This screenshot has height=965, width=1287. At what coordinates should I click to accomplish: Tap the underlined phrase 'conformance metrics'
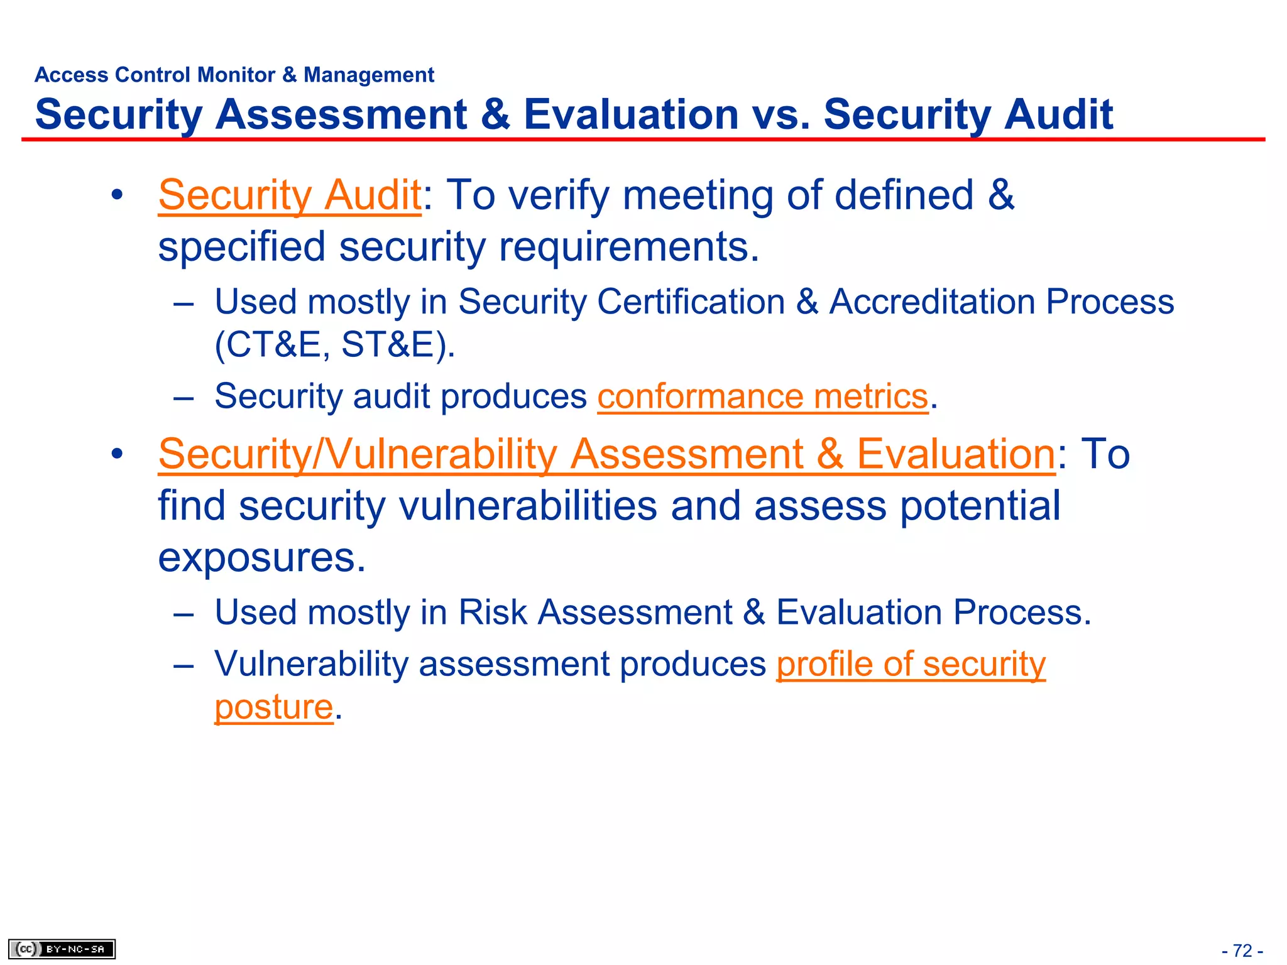762,396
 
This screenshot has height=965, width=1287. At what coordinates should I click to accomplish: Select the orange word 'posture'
273,707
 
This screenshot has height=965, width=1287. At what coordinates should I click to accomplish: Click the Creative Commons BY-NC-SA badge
62,949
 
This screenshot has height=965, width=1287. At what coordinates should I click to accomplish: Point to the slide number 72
1242,951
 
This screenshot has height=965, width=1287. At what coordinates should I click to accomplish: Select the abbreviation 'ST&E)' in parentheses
398,344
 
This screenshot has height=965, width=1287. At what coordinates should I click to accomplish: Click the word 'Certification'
684,302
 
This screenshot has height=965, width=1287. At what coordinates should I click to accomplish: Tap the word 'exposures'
261,557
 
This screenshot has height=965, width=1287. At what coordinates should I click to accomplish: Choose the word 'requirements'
628,246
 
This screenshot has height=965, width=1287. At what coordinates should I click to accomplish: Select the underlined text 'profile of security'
911,664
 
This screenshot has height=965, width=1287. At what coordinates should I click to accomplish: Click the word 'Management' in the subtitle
369,75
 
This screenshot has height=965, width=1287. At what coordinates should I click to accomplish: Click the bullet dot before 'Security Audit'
117,195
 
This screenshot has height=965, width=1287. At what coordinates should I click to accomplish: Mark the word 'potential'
980,506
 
